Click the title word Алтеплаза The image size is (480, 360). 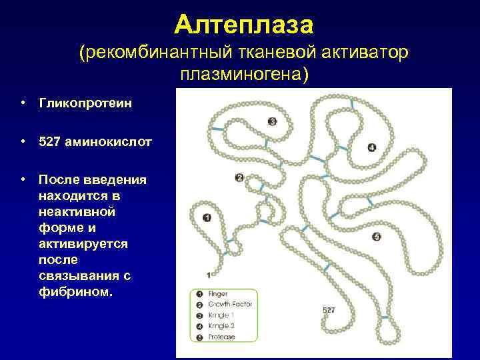(x=243, y=25)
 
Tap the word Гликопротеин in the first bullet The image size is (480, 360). (x=85, y=103)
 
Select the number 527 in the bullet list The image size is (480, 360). (x=49, y=142)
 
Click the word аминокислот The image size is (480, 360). (x=107, y=142)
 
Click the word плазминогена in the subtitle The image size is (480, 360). (x=244, y=73)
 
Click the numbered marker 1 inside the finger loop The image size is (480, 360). (x=206, y=217)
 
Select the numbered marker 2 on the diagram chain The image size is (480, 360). (x=239, y=177)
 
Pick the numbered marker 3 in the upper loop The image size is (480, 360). (x=272, y=121)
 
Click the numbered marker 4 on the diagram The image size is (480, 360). (x=372, y=147)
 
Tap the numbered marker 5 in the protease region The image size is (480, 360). (x=377, y=237)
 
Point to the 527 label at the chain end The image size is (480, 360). (x=328, y=311)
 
